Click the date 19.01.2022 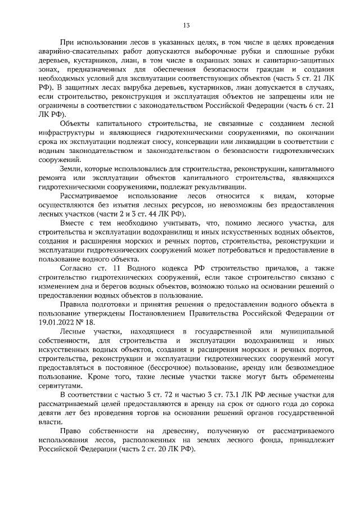[57, 321]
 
